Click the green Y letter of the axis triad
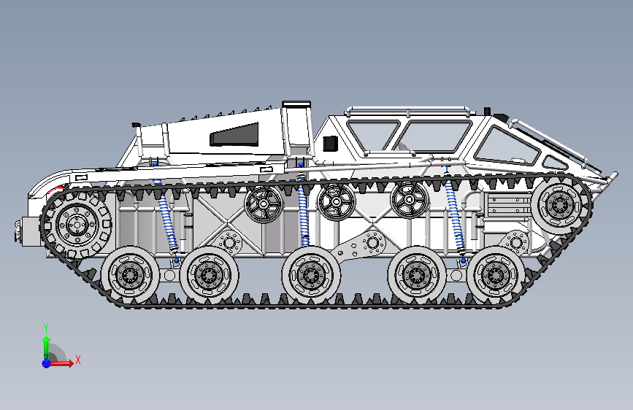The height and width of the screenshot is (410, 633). click(46, 328)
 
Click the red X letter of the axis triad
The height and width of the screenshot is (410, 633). click(77, 360)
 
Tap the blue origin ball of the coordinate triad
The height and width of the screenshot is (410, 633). click(46, 363)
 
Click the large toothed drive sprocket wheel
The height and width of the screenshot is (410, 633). click(76, 225)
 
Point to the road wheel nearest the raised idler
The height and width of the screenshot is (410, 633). click(497, 274)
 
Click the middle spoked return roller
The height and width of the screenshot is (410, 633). click(336, 201)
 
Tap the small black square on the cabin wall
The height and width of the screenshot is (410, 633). click(328, 143)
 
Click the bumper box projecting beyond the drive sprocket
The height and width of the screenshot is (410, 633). click(28, 231)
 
